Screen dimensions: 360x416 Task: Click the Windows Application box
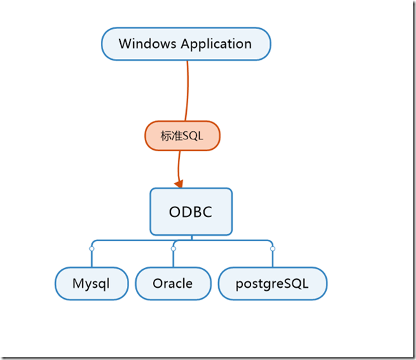tap(186, 44)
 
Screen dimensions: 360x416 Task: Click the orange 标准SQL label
tap(182, 136)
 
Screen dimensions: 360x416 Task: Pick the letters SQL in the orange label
tap(193, 136)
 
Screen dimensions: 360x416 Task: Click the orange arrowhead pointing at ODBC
tap(179, 183)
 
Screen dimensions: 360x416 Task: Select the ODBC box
tap(191, 212)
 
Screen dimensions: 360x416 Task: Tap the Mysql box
tap(91, 283)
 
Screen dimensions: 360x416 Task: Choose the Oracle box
tap(172, 283)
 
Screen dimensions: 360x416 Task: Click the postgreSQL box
tap(273, 283)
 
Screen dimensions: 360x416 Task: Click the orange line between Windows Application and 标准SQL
tap(186, 89)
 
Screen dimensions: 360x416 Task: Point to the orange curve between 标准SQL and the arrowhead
tap(179, 165)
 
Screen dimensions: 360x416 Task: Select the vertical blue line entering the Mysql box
tap(91, 259)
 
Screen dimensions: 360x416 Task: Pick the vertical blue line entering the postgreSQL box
tap(273, 259)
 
